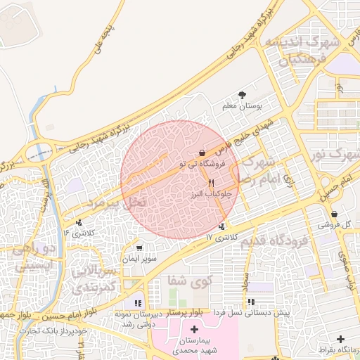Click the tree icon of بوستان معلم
tap(243, 95)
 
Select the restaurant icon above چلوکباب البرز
tap(201, 182)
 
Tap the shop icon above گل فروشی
tap(333, 214)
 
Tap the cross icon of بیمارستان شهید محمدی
tap(194, 329)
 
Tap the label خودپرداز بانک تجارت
tap(53, 329)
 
